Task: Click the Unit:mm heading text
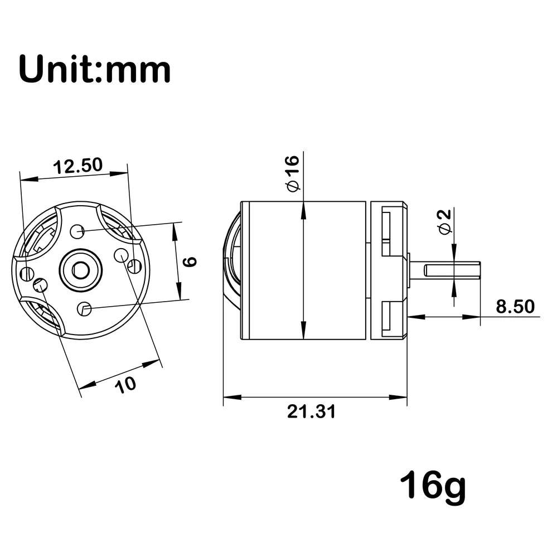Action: [95, 69]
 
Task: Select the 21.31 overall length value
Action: [311, 411]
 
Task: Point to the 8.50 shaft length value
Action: [515, 306]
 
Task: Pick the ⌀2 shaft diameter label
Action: [444, 221]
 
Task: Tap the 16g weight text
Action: [433, 487]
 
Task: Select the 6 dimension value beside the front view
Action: [191, 262]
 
